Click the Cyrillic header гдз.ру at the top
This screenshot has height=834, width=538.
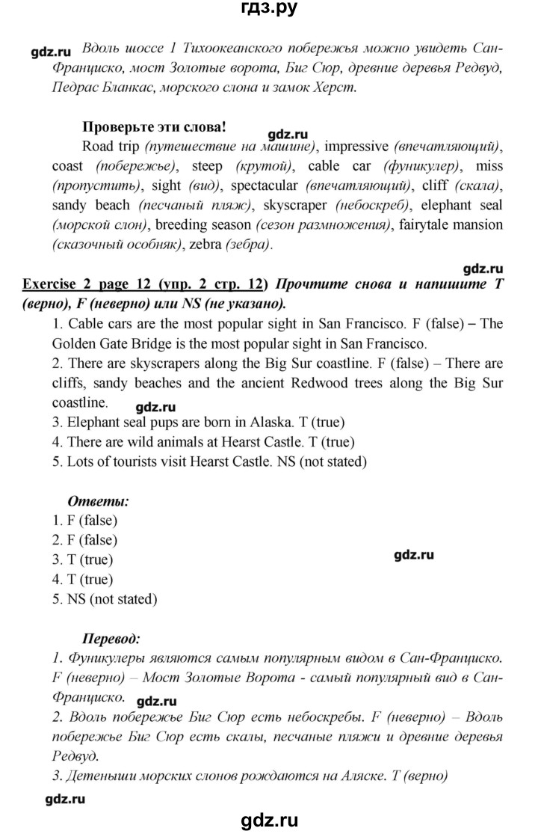(x=269, y=11)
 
